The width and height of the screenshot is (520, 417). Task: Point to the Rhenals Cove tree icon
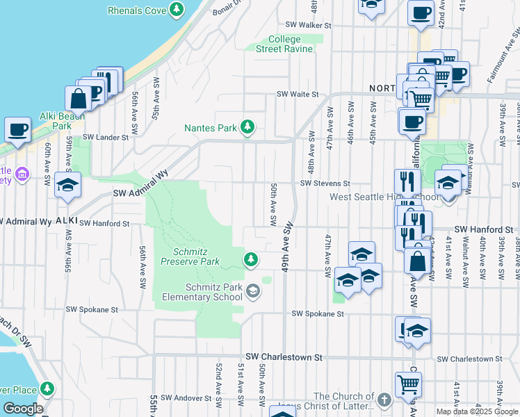[x=177, y=10]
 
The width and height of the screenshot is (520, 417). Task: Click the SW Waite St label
[x=298, y=95]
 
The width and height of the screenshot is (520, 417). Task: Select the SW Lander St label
[x=106, y=138]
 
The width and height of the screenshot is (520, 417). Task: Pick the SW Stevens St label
[x=324, y=183]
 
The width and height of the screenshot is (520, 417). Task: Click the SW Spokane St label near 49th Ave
[x=318, y=314]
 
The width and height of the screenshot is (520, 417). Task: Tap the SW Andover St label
[x=186, y=398]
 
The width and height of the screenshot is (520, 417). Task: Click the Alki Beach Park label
[x=62, y=121]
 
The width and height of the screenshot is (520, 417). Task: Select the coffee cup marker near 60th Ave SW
[x=17, y=129]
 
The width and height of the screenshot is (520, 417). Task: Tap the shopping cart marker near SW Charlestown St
[x=408, y=383]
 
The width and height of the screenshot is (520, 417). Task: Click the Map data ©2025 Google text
[x=477, y=411]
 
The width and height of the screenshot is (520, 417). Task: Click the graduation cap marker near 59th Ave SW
[x=68, y=186]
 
